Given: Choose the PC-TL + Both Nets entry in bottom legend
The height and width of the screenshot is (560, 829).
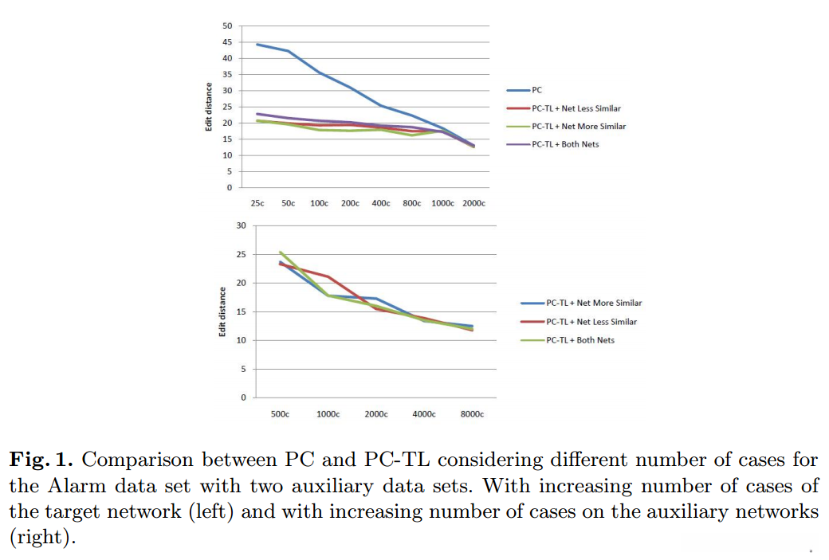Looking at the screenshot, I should [580, 340].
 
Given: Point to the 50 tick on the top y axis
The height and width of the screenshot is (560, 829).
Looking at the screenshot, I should [227, 26].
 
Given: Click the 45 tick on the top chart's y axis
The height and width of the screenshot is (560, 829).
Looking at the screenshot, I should [227, 42].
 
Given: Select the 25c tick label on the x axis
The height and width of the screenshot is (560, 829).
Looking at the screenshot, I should [257, 204].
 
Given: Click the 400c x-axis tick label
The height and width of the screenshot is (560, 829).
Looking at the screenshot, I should [382, 204].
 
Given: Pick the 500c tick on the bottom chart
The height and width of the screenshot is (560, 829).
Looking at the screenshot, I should [280, 414].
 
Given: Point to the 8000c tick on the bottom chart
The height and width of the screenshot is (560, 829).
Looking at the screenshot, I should [472, 414].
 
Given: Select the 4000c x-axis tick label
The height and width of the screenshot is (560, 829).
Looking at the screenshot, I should [424, 414].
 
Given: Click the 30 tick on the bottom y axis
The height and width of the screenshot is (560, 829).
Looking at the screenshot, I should [242, 226].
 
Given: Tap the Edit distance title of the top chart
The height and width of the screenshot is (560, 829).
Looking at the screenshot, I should [208, 107].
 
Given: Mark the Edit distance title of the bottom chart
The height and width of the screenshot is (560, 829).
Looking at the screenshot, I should [222, 311].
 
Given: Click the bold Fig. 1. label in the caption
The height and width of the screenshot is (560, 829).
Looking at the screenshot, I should [41, 460].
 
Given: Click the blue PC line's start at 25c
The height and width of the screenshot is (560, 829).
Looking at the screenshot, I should [257, 45].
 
